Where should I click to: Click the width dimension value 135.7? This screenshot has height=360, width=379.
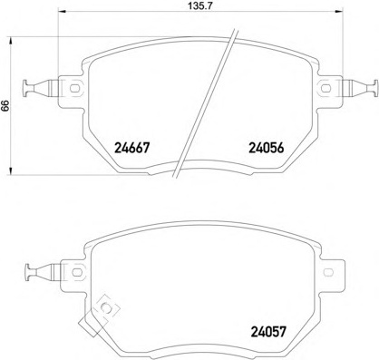point(199,5)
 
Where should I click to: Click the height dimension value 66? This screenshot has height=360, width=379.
point(5,106)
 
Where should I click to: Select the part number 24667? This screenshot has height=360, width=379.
point(132,148)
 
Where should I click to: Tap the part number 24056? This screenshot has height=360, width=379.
point(267,148)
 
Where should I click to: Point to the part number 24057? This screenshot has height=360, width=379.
point(268,332)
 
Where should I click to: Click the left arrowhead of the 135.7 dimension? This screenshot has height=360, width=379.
point(62,12)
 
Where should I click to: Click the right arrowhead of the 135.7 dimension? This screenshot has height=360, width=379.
point(338,12)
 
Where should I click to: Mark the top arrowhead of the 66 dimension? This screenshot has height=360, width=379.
point(11,42)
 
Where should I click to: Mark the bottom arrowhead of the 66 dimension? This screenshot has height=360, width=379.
point(11,170)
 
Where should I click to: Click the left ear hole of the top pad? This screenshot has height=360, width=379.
point(74,89)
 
